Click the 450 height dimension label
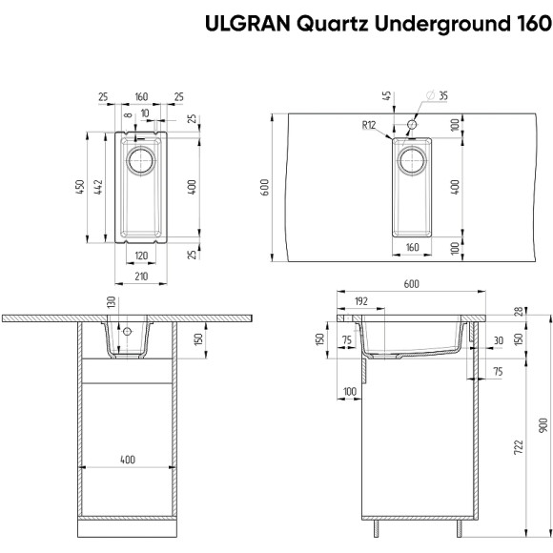(82, 186)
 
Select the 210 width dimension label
(140, 276)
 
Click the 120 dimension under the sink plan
(140, 256)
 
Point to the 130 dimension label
(112, 302)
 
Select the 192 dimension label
(360, 300)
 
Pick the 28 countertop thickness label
(518, 313)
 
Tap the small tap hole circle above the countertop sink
(412, 125)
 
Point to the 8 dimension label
(127, 113)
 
